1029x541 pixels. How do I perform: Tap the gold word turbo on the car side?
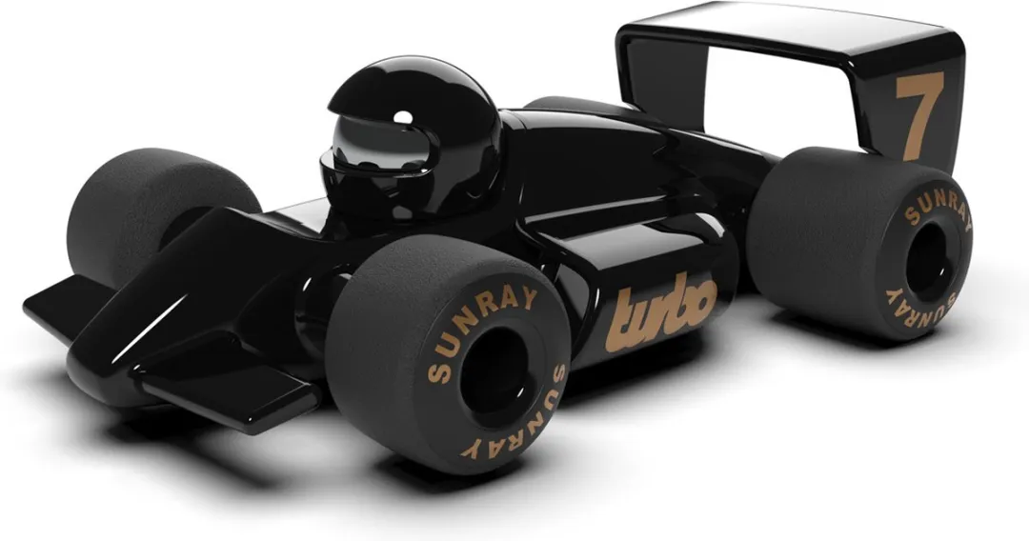click(660, 311)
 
